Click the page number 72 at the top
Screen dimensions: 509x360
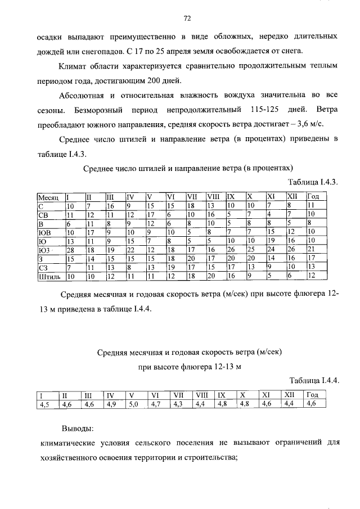pos(188,18)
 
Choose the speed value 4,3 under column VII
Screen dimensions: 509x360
pos(178,403)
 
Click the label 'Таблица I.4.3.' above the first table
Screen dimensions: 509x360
pos(312,182)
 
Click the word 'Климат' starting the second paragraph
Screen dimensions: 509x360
pos(81,66)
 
